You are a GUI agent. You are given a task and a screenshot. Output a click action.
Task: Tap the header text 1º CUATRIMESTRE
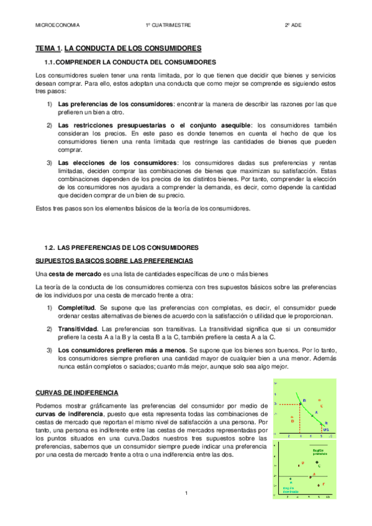tap(168, 25)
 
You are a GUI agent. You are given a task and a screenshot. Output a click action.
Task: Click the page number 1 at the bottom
tap(186, 493)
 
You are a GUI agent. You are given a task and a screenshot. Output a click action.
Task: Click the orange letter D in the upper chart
tap(292, 421)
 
